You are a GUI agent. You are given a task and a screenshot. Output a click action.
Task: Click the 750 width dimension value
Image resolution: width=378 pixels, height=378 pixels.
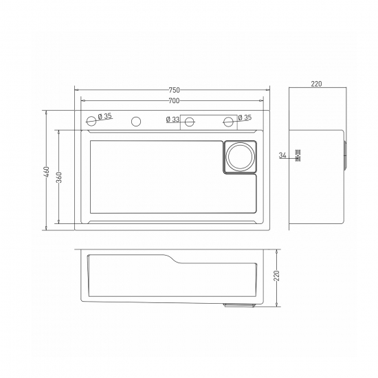pyautogui.click(x=174, y=90)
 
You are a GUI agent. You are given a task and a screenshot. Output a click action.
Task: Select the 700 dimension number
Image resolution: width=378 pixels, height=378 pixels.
pyautogui.click(x=174, y=102)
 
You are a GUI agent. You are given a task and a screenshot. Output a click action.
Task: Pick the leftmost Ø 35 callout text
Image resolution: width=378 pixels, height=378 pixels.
pyautogui.click(x=105, y=117)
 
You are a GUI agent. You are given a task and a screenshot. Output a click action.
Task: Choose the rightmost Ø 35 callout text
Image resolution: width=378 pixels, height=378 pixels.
pyautogui.click(x=244, y=118)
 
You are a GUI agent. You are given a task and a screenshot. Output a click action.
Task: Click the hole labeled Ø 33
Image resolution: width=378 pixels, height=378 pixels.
pyautogui.click(x=188, y=122)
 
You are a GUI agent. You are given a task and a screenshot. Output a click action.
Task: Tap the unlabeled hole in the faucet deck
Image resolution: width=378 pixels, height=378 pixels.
pyautogui.click(x=136, y=122)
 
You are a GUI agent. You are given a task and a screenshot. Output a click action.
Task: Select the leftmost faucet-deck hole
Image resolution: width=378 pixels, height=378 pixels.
pyautogui.click(x=91, y=122)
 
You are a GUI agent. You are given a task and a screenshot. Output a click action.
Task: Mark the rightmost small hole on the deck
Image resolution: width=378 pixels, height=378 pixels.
pyautogui.click(x=229, y=122)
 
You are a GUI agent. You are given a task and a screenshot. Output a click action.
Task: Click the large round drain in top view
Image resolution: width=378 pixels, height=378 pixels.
pyautogui.click(x=240, y=156)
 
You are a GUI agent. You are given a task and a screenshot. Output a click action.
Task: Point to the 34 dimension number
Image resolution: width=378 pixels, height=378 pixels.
pyautogui.click(x=282, y=155)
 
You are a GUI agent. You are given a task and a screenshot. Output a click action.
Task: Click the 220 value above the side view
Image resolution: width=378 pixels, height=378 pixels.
pyautogui.click(x=316, y=84)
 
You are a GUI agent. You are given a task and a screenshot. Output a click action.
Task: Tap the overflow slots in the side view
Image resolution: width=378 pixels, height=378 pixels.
pyautogui.click(x=298, y=155)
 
